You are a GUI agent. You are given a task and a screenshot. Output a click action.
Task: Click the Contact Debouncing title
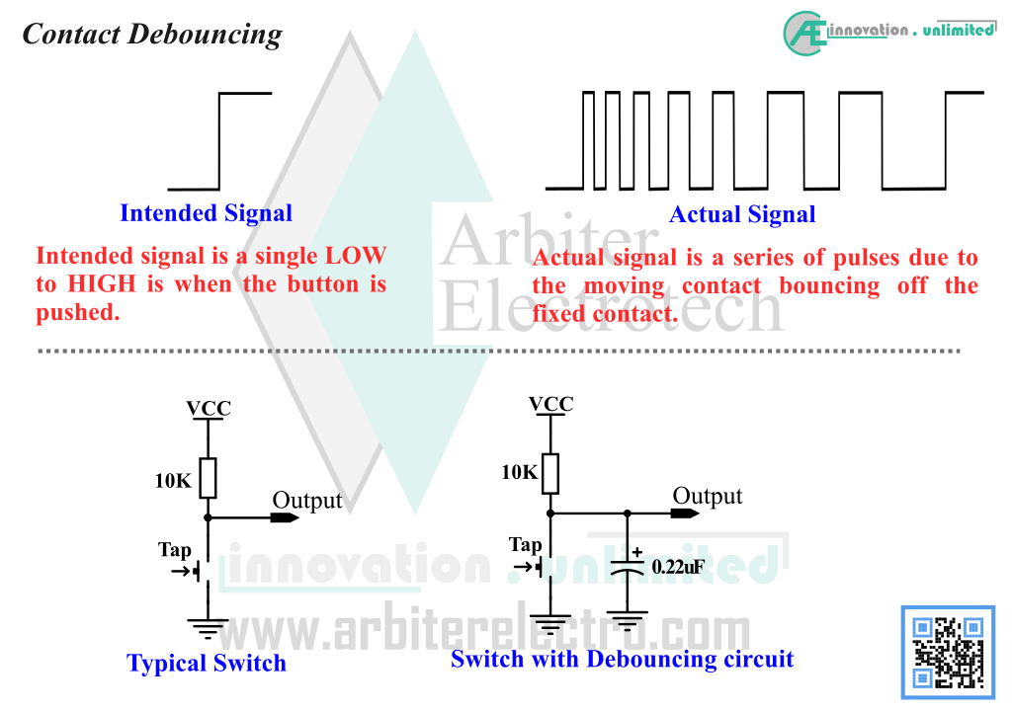point(152,35)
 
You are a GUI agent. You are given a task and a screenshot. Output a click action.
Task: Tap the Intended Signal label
point(206,213)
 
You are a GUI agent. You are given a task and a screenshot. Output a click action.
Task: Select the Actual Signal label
point(742,214)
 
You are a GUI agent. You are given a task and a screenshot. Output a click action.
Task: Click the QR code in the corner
point(948,653)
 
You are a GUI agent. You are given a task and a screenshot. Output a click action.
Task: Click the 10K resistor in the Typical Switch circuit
point(208,478)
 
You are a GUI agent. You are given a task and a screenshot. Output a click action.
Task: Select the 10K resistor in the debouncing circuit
point(550,474)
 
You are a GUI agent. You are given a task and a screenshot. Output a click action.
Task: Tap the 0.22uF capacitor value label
point(678,567)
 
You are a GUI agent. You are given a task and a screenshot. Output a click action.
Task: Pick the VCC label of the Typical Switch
point(209,408)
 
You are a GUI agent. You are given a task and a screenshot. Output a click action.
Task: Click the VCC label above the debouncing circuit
point(551,404)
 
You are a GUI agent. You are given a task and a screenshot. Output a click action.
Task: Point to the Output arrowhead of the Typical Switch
point(285,517)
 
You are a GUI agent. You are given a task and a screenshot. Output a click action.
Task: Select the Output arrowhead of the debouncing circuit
point(685,514)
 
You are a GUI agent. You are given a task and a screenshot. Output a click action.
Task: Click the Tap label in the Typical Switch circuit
point(175,550)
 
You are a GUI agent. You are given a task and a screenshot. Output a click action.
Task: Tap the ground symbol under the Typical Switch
point(208,628)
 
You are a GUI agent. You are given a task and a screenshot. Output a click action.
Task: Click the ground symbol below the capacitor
point(628,621)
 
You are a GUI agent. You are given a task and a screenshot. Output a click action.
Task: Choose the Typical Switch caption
point(207,664)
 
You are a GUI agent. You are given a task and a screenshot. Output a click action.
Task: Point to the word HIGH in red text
point(102,284)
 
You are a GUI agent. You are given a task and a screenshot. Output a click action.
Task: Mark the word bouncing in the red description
point(829,286)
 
